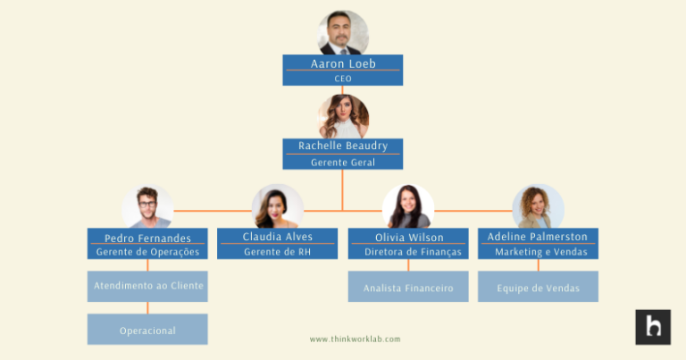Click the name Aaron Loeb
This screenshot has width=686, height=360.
[343, 63]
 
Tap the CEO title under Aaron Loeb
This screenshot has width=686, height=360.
[343, 79]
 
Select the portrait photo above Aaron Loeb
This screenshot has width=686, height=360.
[343, 33]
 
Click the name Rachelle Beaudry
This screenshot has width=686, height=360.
[343, 146]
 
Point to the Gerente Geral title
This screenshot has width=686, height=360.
[343, 163]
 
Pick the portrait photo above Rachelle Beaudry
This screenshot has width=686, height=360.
[343, 117]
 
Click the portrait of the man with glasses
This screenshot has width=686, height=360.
[147, 206]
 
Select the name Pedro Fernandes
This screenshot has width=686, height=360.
[147, 238]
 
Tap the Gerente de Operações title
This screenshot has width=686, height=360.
[147, 252]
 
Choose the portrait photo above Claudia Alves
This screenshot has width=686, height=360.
[278, 206]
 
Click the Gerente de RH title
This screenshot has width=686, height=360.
[278, 252]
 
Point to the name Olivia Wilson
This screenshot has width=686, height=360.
[409, 238]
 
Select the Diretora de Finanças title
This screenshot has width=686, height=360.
[413, 252]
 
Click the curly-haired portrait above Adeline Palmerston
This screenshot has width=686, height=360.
[538, 206]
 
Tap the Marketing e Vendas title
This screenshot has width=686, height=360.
[541, 252]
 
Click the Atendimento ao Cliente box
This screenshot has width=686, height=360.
[147, 287]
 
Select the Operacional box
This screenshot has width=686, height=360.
[147, 329]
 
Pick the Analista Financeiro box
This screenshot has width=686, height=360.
[408, 287]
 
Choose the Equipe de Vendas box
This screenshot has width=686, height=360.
[538, 287]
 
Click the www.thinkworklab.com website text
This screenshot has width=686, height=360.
[355, 339]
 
